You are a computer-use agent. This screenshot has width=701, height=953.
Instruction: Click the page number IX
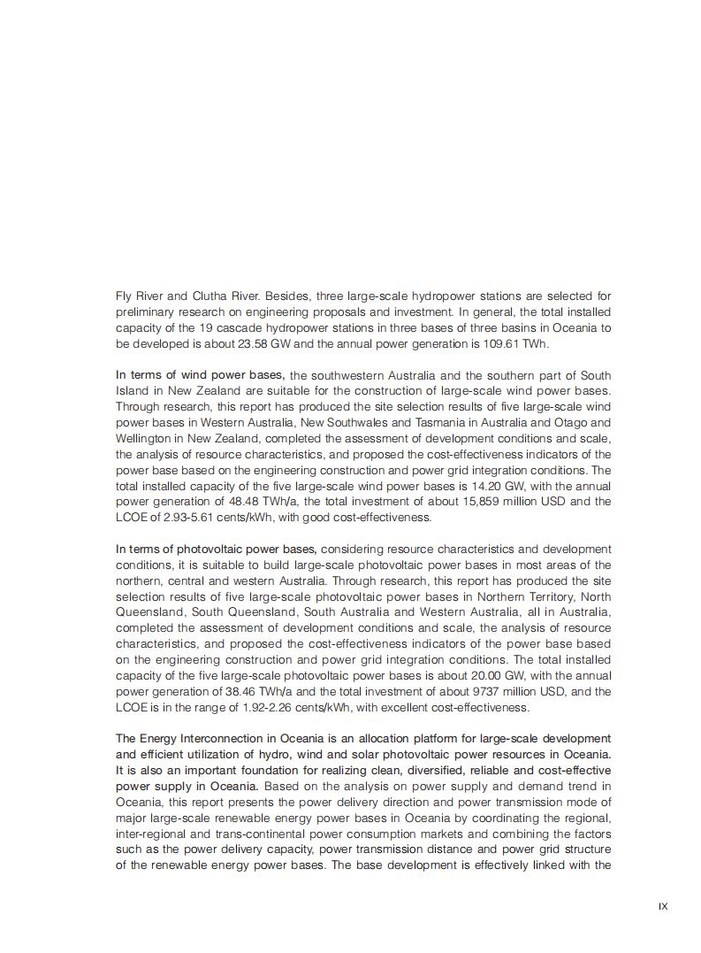(x=663, y=906)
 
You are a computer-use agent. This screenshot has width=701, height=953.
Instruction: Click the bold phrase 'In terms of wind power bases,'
(x=200, y=375)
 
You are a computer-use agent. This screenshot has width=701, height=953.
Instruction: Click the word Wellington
(x=145, y=439)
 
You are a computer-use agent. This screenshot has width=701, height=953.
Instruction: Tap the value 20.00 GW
(x=466, y=676)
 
